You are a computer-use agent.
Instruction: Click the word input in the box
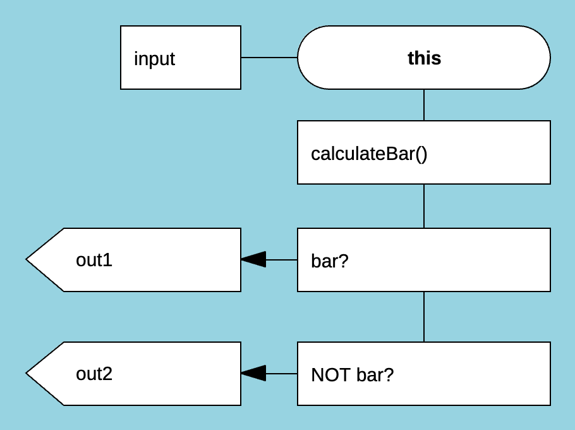[154, 59]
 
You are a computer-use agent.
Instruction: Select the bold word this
[424, 58]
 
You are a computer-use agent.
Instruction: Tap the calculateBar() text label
[369, 154]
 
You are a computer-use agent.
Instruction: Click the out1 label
[94, 260]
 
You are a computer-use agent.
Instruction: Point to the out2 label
[94, 374]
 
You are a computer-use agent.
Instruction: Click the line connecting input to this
[269, 58]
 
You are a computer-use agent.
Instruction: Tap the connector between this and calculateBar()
[424, 105]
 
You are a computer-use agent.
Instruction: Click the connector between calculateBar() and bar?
[424, 206]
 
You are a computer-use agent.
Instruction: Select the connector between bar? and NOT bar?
[424, 317]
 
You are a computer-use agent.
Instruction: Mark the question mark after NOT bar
[389, 375]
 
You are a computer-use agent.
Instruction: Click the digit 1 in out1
[108, 260]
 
